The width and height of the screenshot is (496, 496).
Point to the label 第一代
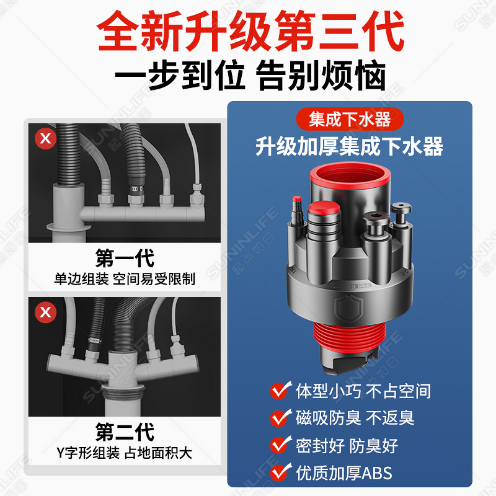coord(125,257)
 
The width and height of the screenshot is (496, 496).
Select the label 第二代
coord(125,432)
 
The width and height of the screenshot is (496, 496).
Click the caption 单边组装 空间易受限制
coord(125,279)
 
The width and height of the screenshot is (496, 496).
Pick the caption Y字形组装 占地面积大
coord(125,453)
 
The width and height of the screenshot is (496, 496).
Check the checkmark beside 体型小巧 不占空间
coord(281,391)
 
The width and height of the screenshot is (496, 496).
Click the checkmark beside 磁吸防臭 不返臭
coord(281,418)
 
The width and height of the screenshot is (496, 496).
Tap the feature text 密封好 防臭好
coord(347,445)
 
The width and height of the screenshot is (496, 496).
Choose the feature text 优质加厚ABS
coord(344,473)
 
